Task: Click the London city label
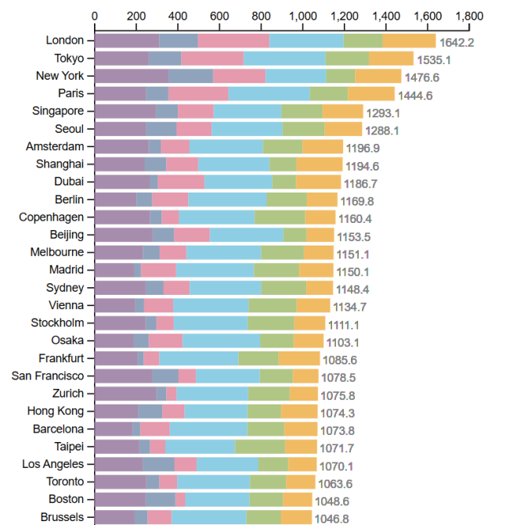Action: pos(65,41)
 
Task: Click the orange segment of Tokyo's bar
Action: pos(391,58)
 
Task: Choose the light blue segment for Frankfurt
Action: pos(198,358)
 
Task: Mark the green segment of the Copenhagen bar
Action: pos(280,218)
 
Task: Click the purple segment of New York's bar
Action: pos(132,76)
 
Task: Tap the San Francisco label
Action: pos(49,376)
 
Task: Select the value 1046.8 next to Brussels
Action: pos(332,519)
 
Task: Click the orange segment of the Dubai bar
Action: pos(318,182)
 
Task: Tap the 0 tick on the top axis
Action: pos(95,16)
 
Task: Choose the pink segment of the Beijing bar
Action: pos(191,235)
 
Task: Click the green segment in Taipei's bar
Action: pos(260,447)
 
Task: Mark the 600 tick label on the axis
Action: pos(219,16)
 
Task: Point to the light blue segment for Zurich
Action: pos(212,394)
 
